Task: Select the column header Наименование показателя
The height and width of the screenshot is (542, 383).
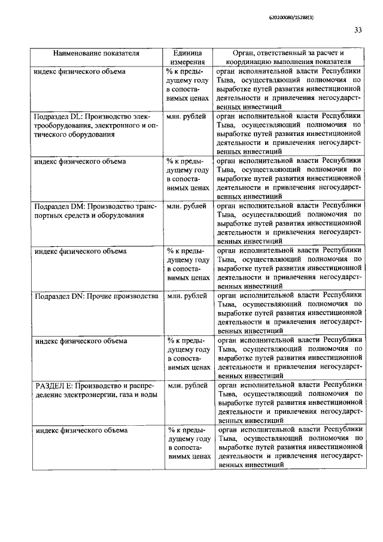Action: (96, 53)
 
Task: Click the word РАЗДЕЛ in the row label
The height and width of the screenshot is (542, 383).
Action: (53, 386)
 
